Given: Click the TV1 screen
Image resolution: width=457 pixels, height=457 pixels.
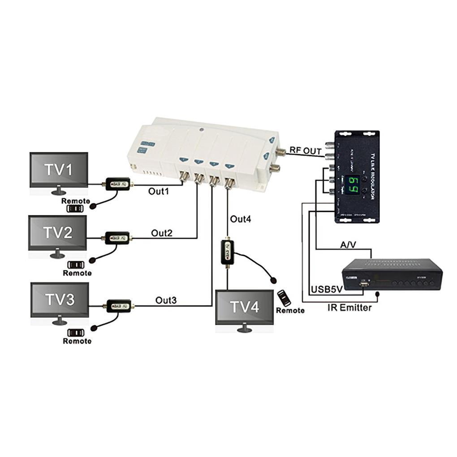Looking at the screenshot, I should [x=58, y=169].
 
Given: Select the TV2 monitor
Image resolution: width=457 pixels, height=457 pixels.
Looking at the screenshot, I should [x=58, y=233].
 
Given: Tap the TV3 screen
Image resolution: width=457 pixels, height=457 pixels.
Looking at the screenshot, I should [x=60, y=299].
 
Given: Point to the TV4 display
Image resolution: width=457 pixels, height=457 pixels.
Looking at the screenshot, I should [x=244, y=307].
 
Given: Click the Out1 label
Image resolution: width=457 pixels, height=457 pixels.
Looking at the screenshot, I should [x=159, y=191].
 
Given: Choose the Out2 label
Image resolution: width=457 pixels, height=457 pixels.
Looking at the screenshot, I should [x=162, y=233].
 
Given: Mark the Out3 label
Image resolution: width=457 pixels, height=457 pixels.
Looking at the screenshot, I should [x=166, y=300].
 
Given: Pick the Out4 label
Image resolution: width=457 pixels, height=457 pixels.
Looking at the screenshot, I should [x=241, y=219].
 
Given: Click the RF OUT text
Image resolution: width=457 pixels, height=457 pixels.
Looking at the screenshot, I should [x=306, y=151].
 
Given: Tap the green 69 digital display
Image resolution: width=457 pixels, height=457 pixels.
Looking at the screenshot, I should [x=354, y=184].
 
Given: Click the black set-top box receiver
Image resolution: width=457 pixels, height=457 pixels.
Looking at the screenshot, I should [x=392, y=274].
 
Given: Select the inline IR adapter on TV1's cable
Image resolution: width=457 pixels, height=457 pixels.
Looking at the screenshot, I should [x=117, y=184].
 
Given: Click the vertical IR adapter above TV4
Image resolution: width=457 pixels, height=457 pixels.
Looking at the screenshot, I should [x=227, y=253].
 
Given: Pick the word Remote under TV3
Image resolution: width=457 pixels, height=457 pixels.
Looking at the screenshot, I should [x=77, y=341].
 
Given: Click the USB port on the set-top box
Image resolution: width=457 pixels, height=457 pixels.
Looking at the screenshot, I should [x=364, y=284].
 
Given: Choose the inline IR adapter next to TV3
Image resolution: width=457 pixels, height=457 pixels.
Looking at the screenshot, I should [x=117, y=306].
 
